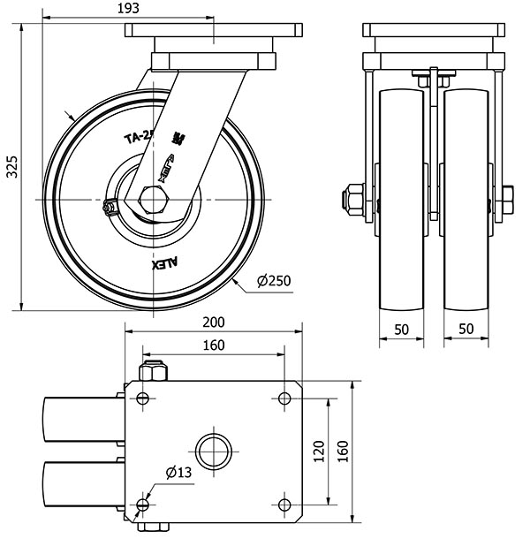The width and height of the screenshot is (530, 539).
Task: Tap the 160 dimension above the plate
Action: pos(213,345)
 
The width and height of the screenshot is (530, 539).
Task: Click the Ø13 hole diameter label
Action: pos(176,473)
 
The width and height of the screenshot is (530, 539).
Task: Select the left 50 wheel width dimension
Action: pos(402,329)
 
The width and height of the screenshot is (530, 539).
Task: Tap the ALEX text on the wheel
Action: pos(165,262)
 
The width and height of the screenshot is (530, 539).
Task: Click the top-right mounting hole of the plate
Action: pos(284,399)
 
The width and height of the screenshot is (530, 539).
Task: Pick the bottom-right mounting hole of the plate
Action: pos(284,504)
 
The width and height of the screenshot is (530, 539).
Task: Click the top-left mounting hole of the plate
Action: pos(141,399)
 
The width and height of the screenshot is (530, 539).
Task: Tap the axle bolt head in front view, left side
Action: pos(352,200)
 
